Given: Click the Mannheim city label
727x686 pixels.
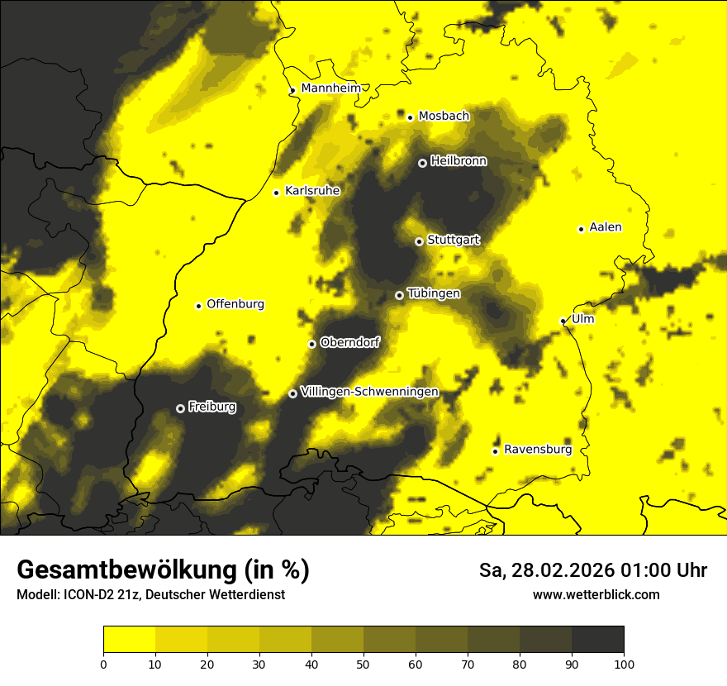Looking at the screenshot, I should click(x=331, y=88).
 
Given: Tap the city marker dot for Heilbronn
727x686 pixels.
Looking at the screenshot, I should click(x=422, y=163).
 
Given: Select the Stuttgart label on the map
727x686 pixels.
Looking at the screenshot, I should click(x=453, y=240).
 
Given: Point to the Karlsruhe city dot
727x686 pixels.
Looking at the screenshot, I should click(x=277, y=193).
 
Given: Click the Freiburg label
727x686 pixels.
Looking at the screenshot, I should click(x=211, y=407).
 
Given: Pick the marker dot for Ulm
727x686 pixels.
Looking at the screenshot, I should click(x=563, y=321).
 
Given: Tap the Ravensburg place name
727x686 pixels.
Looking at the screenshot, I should click(x=537, y=450).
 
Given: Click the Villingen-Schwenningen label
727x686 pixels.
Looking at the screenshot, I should click(x=369, y=392).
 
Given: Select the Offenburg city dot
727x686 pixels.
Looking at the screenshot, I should click(x=198, y=306).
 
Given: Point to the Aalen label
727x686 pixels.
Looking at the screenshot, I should click(x=605, y=227).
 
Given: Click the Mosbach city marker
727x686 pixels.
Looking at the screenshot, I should click(x=410, y=117).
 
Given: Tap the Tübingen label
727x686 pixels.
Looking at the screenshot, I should click(x=434, y=293).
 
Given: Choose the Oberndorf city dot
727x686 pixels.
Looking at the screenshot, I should click(x=311, y=344).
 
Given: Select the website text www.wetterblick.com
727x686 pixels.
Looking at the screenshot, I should click(x=596, y=594).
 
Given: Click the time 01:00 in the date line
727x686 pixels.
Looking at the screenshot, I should click(x=634, y=570).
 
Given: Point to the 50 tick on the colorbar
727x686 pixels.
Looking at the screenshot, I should click(x=363, y=663).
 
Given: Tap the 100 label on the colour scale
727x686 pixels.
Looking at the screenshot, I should click(x=624, y=663).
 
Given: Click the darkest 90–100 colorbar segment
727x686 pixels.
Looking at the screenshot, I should click(x=597, y=639).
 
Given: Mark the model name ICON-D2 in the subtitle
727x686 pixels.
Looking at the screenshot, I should click(x=85, y=595).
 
